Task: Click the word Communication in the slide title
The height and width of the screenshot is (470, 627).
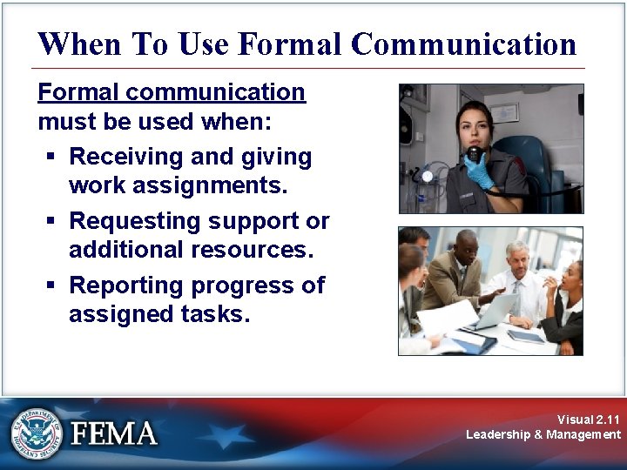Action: [x=463, y=44]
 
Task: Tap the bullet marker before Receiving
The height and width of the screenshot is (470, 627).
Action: [x=51, y=158]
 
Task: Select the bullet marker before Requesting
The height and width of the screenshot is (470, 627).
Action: [x=51, y=222]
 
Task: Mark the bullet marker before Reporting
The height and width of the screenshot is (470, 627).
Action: [x=51, y=285]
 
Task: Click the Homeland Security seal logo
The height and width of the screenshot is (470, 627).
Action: [x=36, y=433]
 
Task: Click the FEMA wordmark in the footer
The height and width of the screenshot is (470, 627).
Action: [x=115, y=433]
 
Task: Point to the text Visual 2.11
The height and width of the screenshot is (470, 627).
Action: [x=589, y=420]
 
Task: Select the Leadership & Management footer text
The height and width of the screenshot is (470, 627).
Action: [x=543, y=434]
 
